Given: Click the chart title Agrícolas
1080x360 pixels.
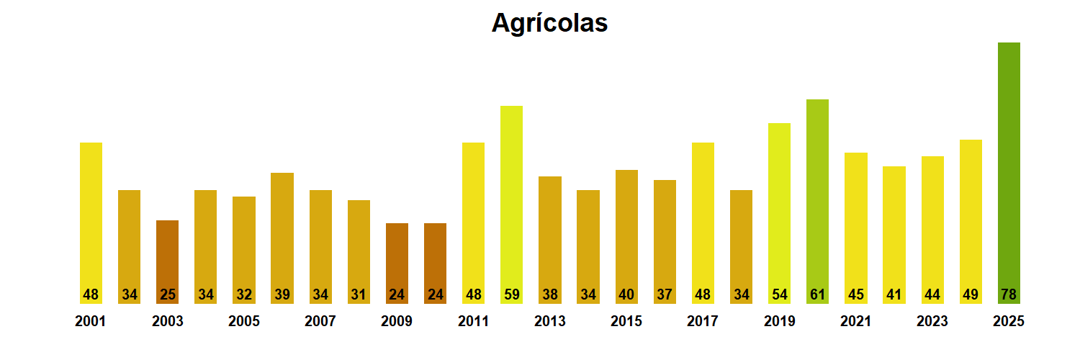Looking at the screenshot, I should click(549, 23).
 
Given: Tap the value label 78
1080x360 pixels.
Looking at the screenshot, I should click(1009, 294).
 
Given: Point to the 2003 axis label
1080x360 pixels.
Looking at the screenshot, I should click(167, 322).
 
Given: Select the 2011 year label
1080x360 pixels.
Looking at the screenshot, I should click(473, 322).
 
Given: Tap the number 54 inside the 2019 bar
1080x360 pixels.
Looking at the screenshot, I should click(779, 294).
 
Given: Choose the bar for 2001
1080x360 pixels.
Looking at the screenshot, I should click(91, 216).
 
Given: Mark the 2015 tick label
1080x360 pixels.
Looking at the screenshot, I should click(626, 322).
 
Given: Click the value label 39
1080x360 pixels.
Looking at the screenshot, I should click(282, 294).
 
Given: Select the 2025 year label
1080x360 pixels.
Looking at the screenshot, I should click(1009, 322).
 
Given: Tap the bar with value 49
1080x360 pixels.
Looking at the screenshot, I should click(971, 216).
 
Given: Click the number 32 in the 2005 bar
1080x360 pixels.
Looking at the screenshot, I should click(243, 294).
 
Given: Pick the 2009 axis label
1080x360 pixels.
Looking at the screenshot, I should click(397, 322).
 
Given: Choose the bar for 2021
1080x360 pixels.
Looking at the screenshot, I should click(855, 223).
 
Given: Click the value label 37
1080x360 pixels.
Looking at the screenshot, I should click(665, 294).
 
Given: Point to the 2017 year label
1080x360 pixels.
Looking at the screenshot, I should click(703, 322).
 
